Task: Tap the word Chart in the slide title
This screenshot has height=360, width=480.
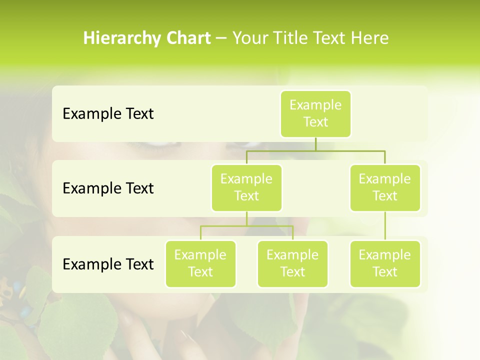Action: tap(187, 38)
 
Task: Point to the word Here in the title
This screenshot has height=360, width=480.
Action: tap(370, 38)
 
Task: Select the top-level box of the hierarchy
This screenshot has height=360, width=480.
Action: tap(315, 113)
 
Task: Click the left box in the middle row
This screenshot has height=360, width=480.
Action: tap(246, 187)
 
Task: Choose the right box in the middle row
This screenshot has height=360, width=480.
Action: tap(385, 187)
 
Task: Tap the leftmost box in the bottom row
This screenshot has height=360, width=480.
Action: tap(200, 263)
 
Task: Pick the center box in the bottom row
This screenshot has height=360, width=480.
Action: tap(292, 263)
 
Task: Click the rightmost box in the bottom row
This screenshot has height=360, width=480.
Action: tap(385, 263)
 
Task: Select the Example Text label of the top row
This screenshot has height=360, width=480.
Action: tap(108, 113)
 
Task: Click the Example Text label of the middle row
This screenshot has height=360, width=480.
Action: tap(108, 188)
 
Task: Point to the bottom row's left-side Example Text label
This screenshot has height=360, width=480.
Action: tap(108, 264)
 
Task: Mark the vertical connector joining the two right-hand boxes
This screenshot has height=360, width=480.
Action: tap(385, 226)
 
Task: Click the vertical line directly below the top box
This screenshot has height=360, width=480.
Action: tap(315, 144)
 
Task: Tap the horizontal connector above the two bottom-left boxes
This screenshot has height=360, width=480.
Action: tap(246, 226)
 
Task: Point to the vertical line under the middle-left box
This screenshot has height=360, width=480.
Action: tap(246, 218)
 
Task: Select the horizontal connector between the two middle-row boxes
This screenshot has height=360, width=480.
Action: tap(315, 150)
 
